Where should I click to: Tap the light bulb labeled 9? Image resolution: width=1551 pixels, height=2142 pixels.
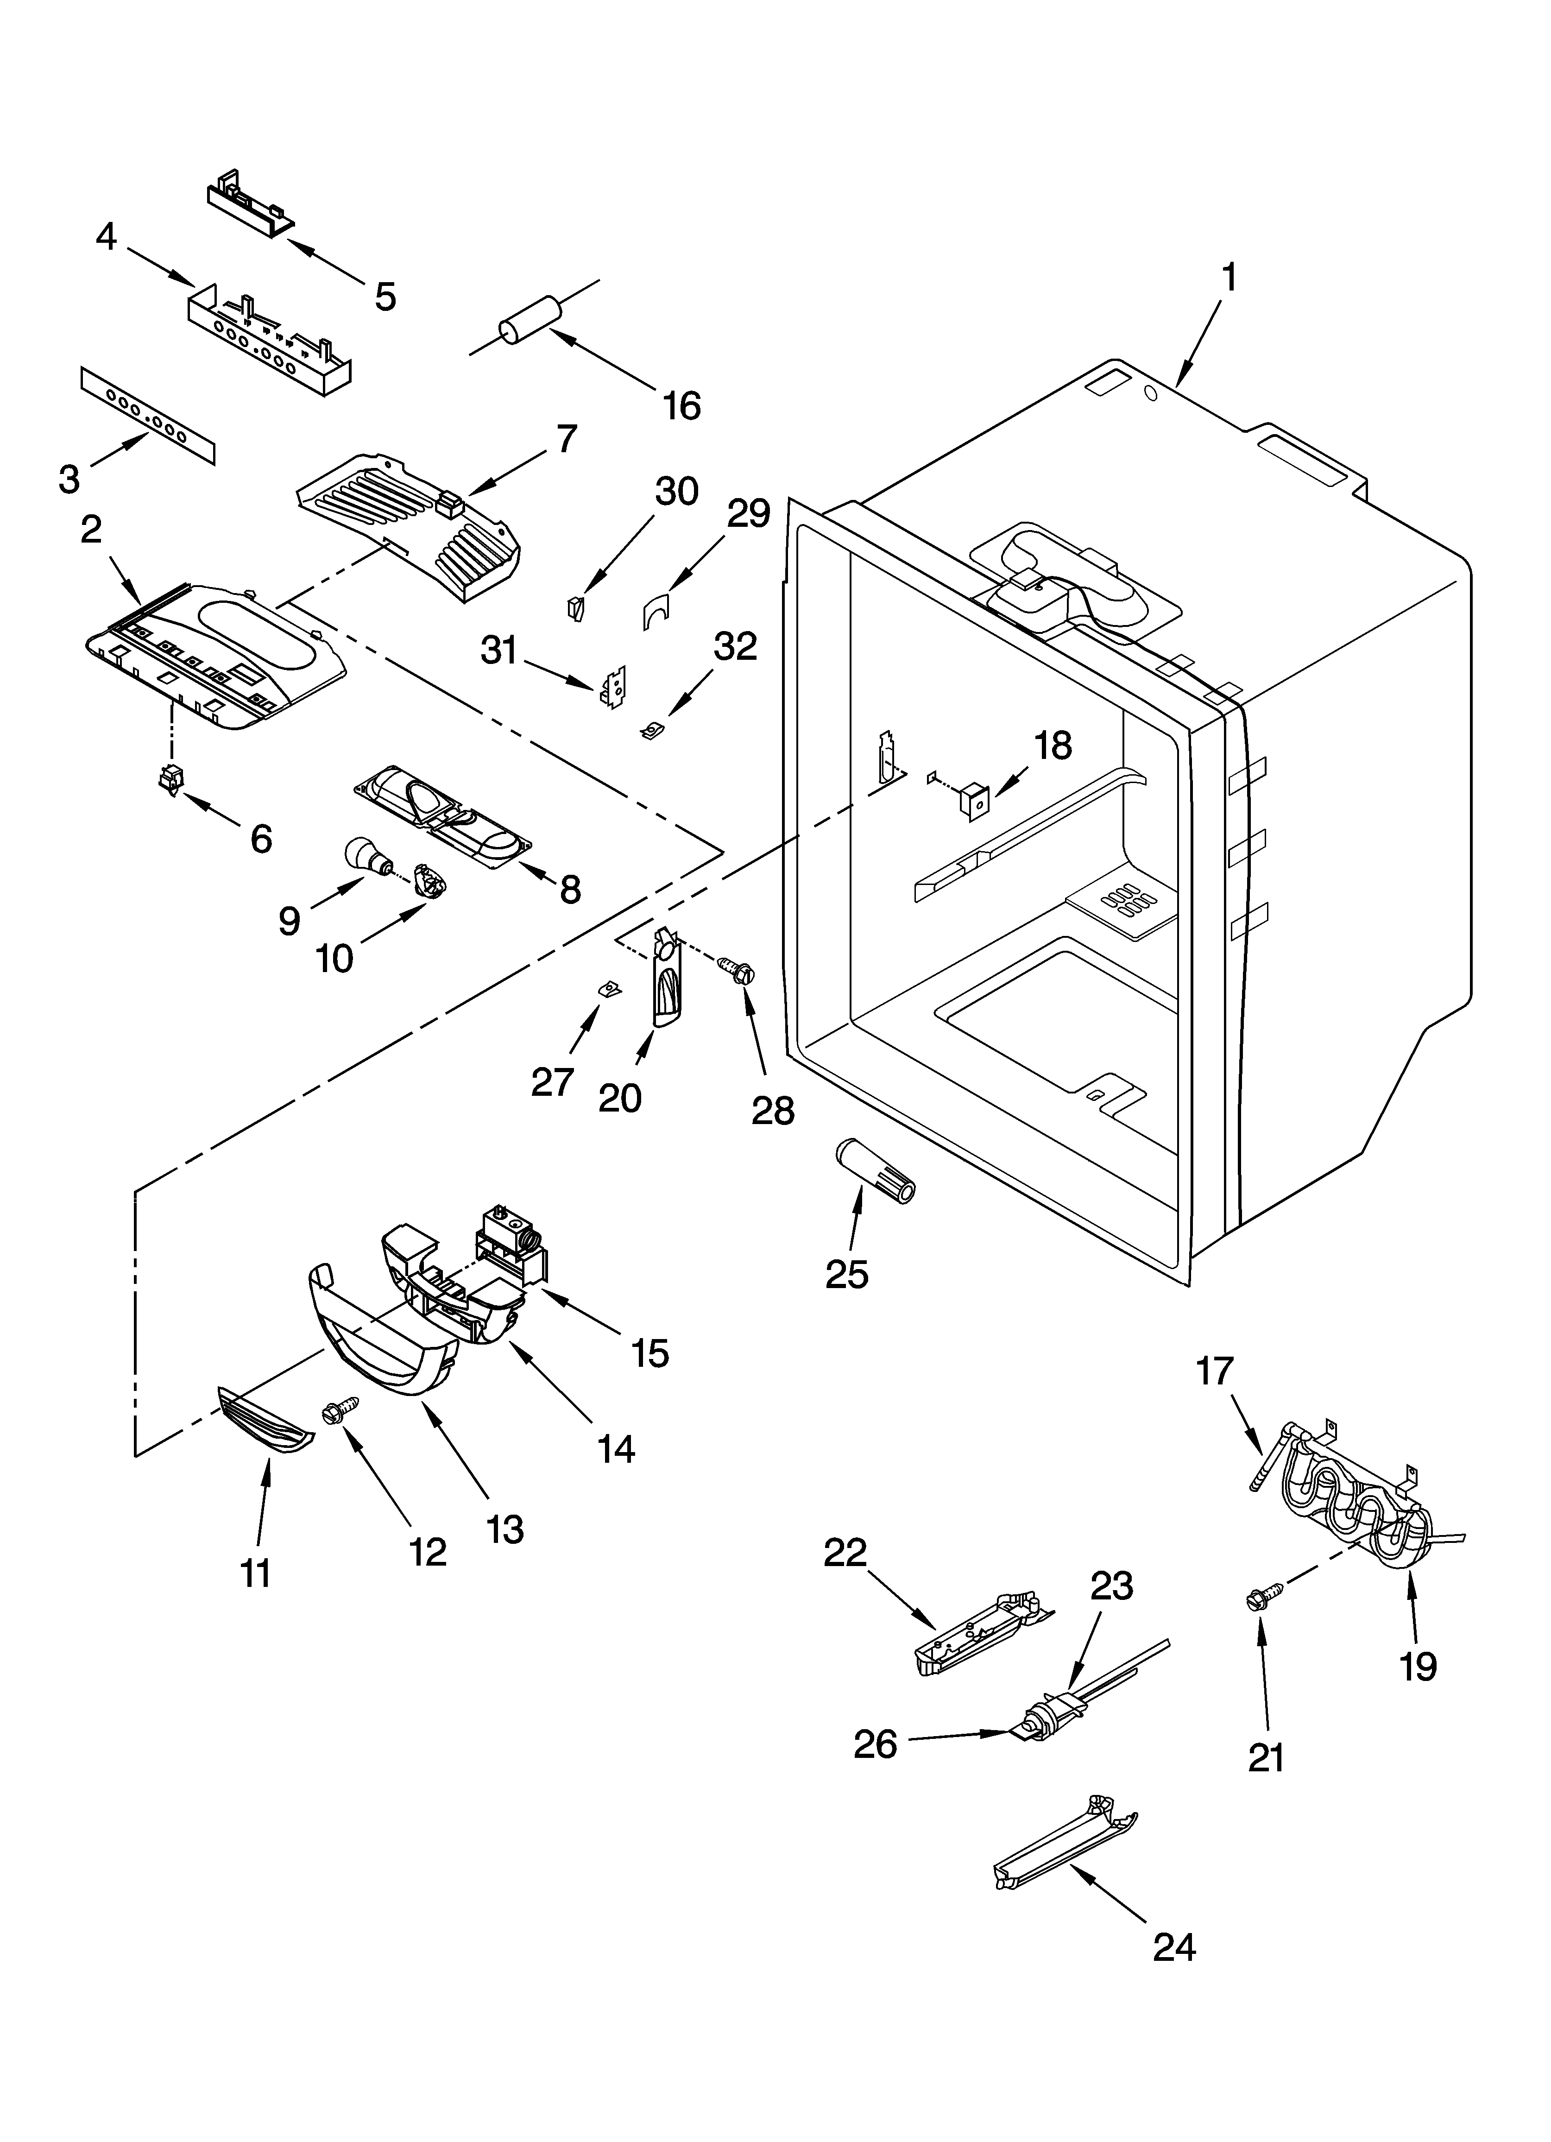366,856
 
